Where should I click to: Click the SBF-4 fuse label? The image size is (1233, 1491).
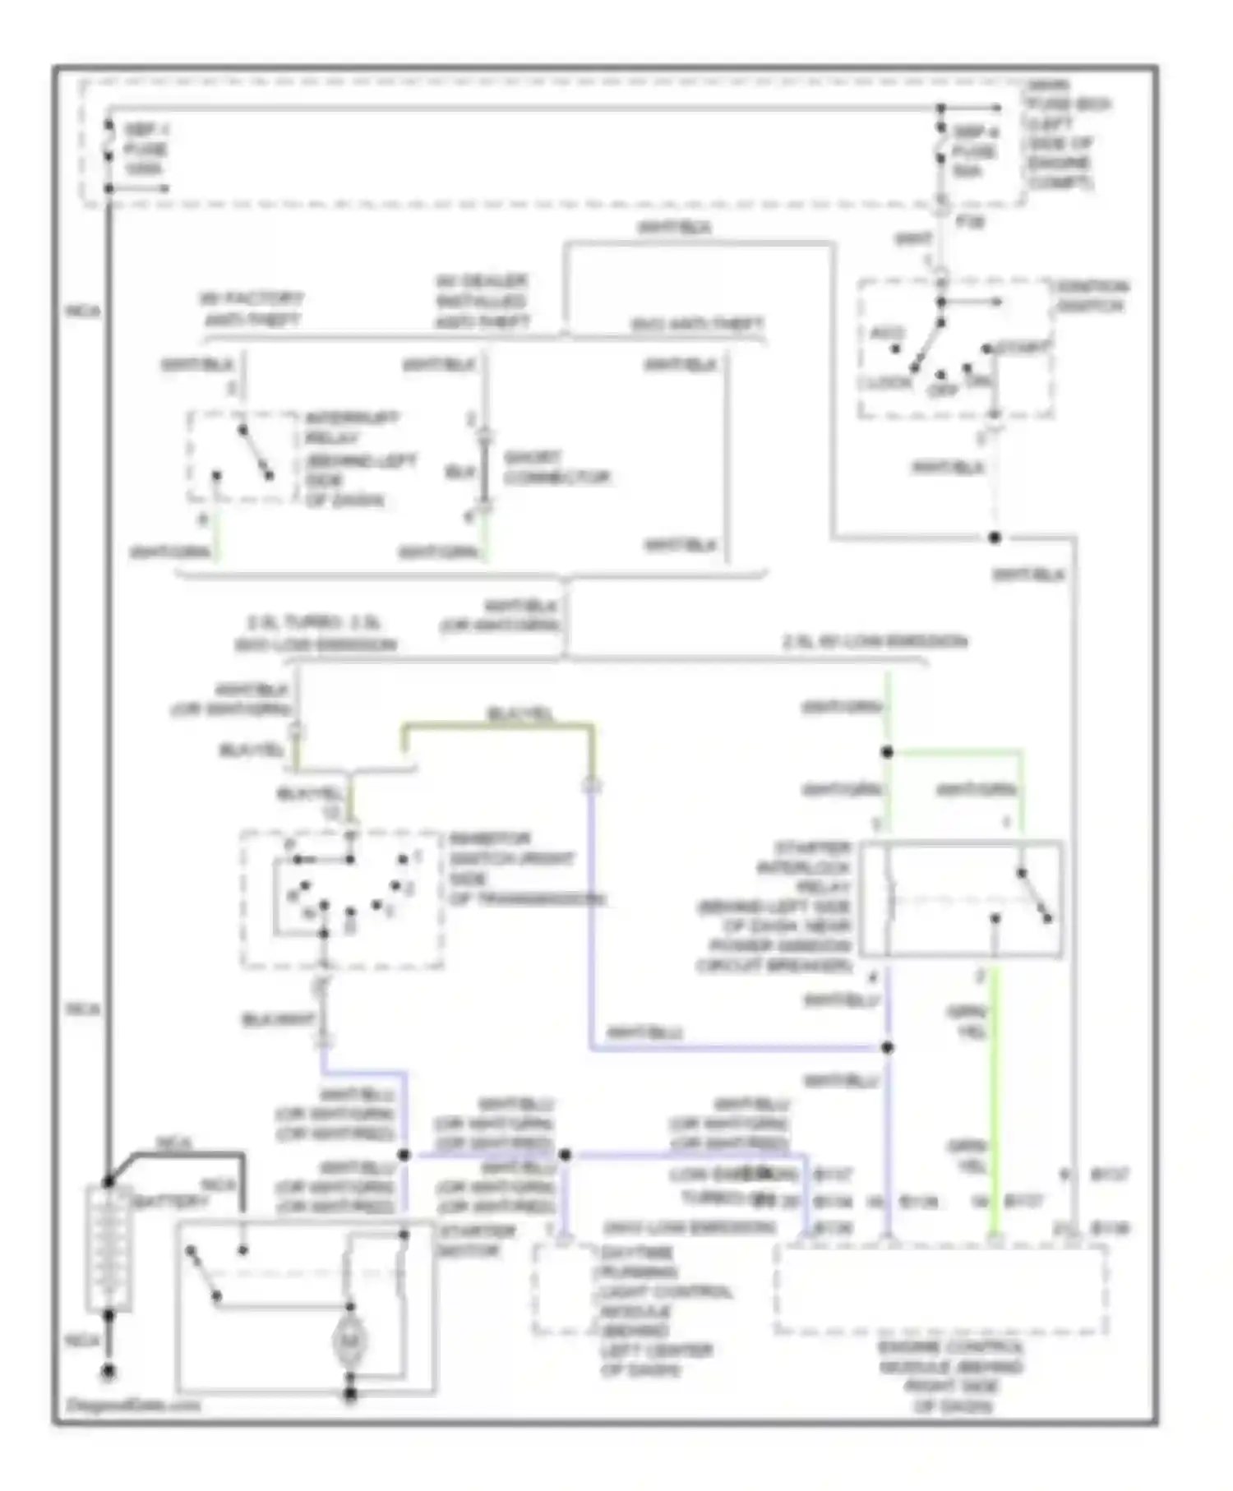tap(974, 151)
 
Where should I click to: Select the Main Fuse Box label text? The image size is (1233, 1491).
tap(1065, 133)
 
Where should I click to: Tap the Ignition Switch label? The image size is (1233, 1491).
tap(1092, 296)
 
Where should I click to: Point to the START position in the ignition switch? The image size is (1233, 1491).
tap(1023, 348)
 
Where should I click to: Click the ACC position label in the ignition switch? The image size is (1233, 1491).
tap(886, 334)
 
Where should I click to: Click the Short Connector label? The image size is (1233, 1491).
tap(556, 467)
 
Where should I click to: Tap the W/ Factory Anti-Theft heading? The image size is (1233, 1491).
tap(251, 308)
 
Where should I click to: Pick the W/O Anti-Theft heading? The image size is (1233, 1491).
tap(697, 325)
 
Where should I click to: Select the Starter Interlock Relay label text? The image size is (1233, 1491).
tap(777, 906)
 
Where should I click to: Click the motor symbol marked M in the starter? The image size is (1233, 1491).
tap(349, 1341)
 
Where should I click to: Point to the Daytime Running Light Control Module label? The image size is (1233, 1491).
tap(658, 1311)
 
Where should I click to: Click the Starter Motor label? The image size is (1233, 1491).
tap(477, 1240)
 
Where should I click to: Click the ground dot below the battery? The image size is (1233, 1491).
tap(108, 1371)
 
